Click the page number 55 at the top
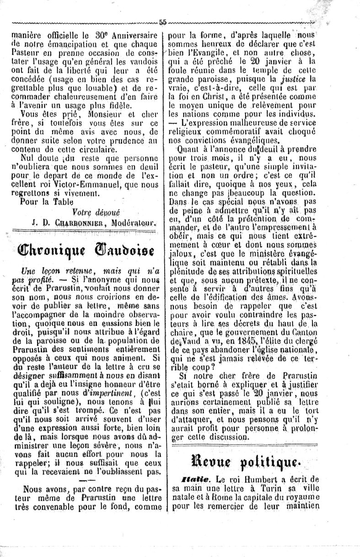point(163,22)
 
